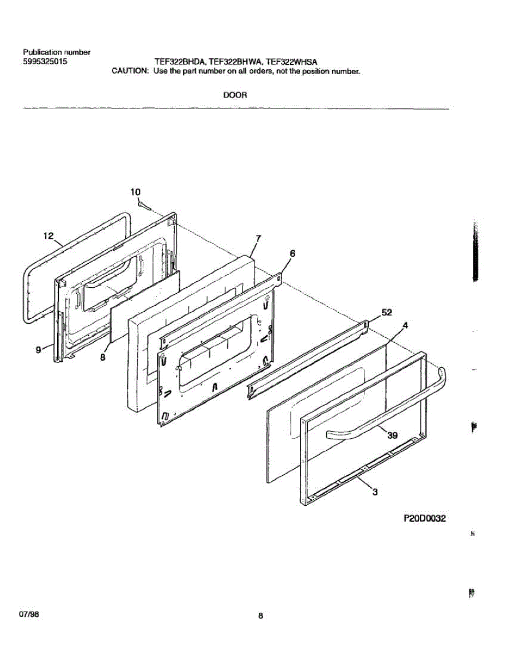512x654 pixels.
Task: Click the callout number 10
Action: point(136,192)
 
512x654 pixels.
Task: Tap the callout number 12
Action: point(48,236)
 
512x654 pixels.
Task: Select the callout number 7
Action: point(259,238)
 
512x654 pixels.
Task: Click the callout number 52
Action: point(387,312)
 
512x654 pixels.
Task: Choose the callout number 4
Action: point(405,325)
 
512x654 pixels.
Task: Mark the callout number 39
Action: point(392,434)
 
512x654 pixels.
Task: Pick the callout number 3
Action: point(375,493)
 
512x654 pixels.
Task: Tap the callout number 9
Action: point(39,350)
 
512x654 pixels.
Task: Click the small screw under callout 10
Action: point(143,205)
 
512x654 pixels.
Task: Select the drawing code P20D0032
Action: point(424,519)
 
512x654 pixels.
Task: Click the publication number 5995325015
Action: point(46,62)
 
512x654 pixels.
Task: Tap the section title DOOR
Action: point(235,95)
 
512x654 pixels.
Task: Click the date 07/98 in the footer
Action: point(29,614)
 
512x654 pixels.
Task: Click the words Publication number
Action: point(56,52)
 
